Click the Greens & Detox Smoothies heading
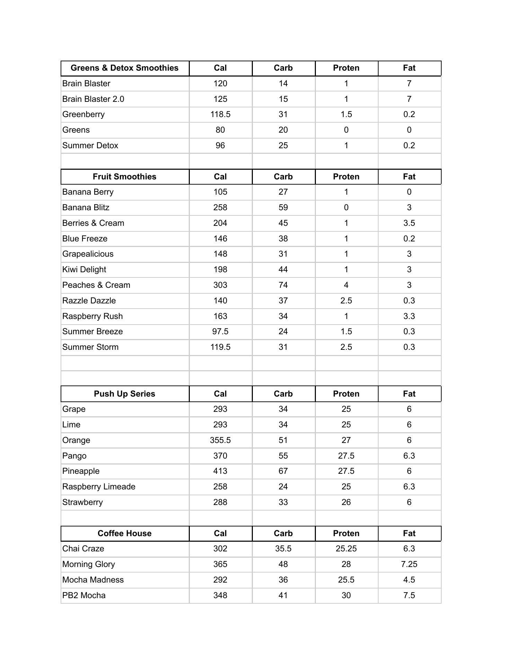click(x=124, y=68)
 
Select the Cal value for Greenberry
click(x=220, y=114)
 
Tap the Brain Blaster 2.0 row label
click(x=93, y=99)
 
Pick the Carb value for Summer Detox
click(x=283, y=145)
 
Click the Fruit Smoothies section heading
click(x=124, y=177)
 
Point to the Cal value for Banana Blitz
click(x=220, y=207)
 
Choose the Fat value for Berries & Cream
click(x=409, y=223)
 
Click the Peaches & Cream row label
click(x=96, y=285)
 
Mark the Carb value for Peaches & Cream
click(x=283, y=285)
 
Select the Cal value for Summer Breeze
click(x=220, y=331)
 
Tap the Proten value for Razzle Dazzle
click(x=346, y=301)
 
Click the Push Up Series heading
click(x=124, y=394)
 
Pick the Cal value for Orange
click(x=220, y=440)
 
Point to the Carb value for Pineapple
click(x=283, y=471)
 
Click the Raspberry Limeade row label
click(x=99, y=487)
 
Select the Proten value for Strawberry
click(x=346, y=502)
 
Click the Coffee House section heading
click(x=124, y=533)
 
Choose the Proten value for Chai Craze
click(x=346, y=549)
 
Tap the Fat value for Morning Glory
click(x=409, y=564)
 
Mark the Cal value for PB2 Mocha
click(x=220, y=595)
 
